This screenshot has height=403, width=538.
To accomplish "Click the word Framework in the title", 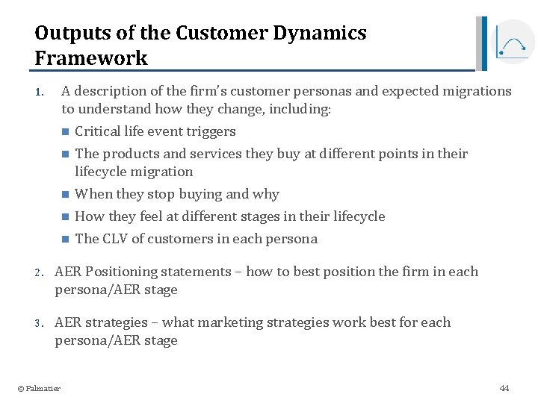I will coord(91,57).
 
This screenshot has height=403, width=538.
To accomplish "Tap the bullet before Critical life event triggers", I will coord(65,132).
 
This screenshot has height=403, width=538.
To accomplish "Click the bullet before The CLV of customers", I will coord(65,240).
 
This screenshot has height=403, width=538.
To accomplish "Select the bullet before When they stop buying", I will coord(65,195).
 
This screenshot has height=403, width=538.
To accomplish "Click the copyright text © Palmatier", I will coord(39,388).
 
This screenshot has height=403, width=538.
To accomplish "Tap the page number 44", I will coord(504,388).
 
